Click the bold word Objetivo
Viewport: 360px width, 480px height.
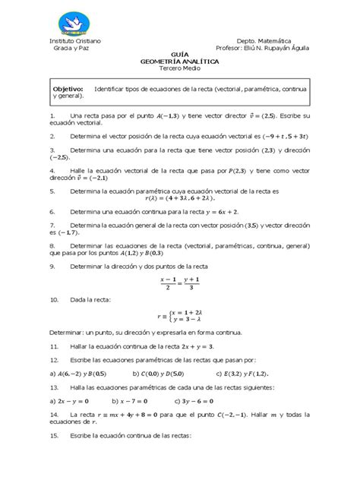pos(68,89)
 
